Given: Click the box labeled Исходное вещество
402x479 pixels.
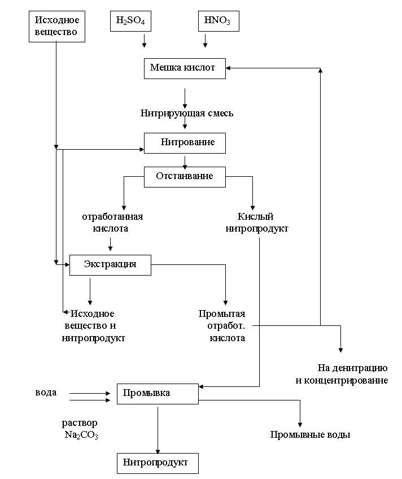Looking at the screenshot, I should (x=56, y=27).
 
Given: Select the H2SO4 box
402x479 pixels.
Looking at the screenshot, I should (x=130, y=21).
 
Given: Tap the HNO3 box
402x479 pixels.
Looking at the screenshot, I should (x=218, y=21).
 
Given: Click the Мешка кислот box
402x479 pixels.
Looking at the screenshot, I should (x=185, y=68).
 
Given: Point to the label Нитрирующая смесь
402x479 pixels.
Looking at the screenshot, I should (x=187, y=113).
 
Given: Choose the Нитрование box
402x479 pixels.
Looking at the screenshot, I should (x=185, y=143).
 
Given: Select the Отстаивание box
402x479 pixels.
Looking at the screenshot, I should (x=185, y=176).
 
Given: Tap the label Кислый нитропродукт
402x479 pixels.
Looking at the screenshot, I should (x=257, y=223).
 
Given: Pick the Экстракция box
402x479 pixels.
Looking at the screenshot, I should (x=110, y=264).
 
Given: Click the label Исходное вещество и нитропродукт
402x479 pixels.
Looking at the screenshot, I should (x=93, y=326).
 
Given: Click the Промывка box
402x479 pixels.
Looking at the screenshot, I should (x=158, y=393).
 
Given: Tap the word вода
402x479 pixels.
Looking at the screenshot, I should (x=46, y=393).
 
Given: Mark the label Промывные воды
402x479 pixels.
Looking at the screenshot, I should (x=310, y=435).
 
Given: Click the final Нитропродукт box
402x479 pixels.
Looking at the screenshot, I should (x=158, y=463).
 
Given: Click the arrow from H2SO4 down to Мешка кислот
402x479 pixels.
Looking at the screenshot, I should (x=145, y=41).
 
